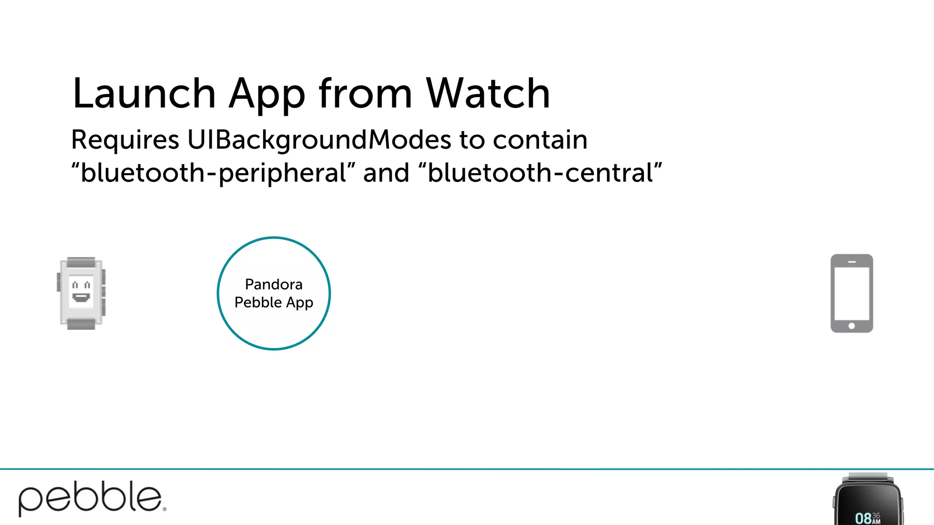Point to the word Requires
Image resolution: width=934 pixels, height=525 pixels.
point(125,140)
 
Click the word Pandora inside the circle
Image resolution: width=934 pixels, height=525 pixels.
point(274,284)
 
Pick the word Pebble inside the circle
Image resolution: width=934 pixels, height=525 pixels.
point(258,303)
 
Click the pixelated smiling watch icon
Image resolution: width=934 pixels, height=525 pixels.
point(81,293)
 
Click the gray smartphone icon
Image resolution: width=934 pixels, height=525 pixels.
point(851,293)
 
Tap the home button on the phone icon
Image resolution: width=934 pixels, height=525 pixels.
point(851,326)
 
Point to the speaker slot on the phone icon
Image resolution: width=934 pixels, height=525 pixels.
point(851,262)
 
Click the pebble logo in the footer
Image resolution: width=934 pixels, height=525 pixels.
point(91,498)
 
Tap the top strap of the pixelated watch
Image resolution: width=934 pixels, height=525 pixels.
point(81,262)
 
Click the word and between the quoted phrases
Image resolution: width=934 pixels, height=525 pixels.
point(386,174)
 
